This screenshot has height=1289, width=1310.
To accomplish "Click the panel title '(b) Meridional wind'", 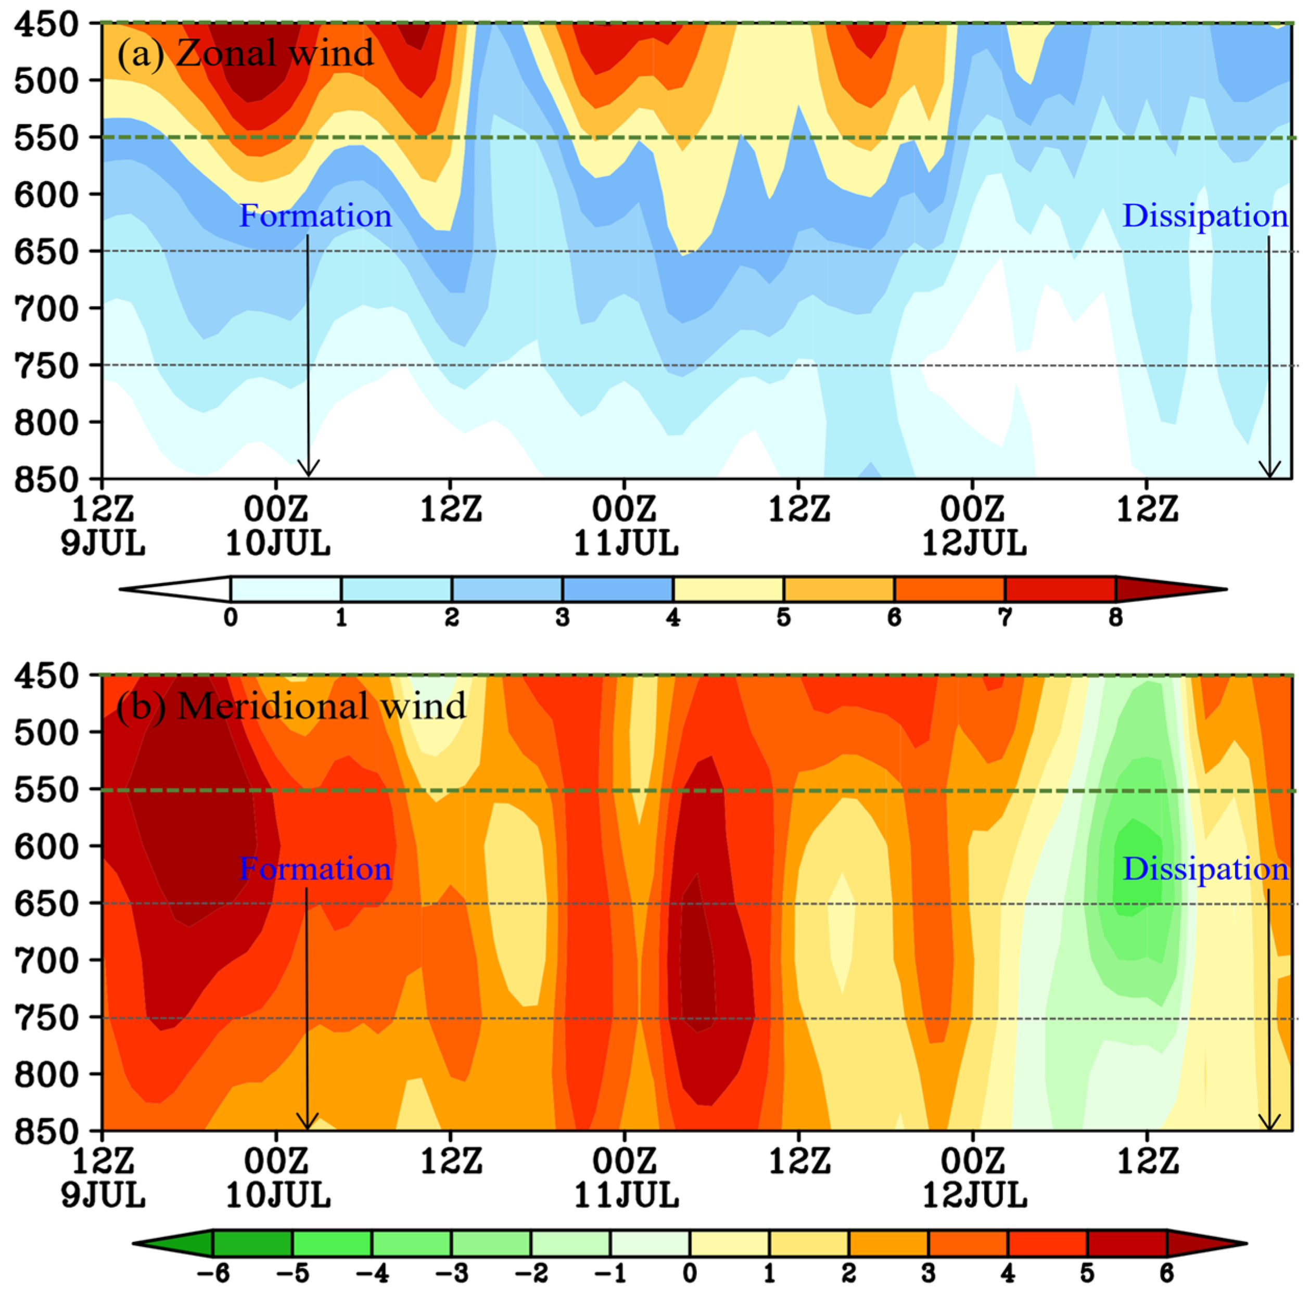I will pos(291,706).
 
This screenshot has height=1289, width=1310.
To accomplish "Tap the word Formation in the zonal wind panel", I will pos(315,215).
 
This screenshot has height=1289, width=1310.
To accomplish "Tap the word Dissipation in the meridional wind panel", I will pos(1205,869).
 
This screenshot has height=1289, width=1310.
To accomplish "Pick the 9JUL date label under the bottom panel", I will pos(103,1196).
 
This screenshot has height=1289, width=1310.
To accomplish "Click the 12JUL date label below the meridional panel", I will pos(974,1196).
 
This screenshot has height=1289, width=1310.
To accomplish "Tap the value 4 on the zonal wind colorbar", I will pos(673,617).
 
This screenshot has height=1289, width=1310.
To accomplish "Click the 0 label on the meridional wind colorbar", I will pos(689,1273).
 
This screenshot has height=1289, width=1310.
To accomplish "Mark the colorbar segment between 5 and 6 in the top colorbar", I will pos(839,589).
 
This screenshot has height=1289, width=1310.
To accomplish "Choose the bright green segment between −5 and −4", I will pos(332,1243).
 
